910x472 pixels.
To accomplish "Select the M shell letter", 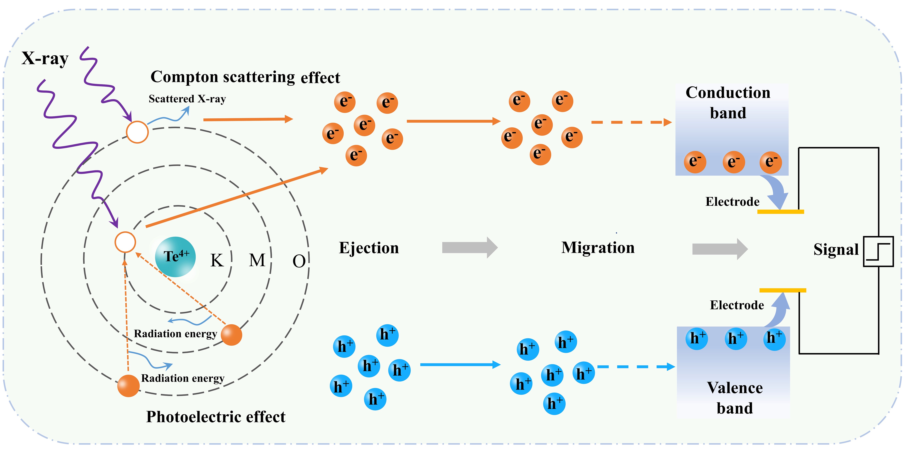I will [x=257, y=260].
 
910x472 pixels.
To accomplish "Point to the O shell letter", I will [x=299, y=261].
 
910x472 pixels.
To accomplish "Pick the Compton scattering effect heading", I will [x=245, y=77].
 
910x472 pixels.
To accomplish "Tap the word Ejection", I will [x=369, y=248].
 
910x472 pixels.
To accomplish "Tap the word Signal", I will [x=836, y=249].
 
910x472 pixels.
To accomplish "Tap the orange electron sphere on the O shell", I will [x=128, y=386].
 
